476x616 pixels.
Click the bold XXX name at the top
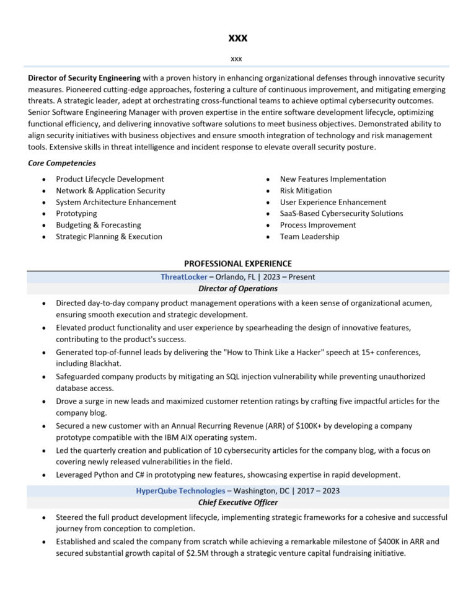[x=237, y=38]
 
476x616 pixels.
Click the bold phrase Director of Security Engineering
[x=84, y=78]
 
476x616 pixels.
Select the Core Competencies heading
[x=62, y=163]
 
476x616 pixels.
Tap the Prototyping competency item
[x=76, y=214]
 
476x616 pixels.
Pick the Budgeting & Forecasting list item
[x=98, y=225]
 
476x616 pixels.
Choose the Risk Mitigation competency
[x=306, y=191]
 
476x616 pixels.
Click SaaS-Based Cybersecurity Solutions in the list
[x=341, y=214]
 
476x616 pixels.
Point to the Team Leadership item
[x=309, y=237]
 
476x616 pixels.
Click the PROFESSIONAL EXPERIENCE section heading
[x=237, y=263]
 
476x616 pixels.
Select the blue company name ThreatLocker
[x=184, y=278]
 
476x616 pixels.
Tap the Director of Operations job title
[x=237, y=289]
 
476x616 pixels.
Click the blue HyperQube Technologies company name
[x=180, y=491]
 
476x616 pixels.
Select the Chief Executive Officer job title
[x=237, y=503]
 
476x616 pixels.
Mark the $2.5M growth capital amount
[x=200, y=553]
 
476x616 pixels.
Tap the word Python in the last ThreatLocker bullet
[x=105, y=475]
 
